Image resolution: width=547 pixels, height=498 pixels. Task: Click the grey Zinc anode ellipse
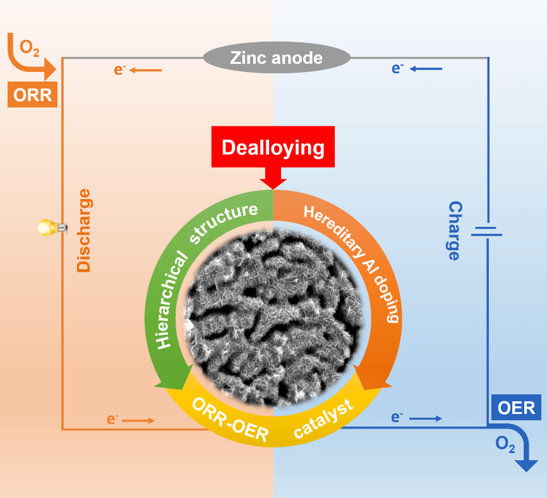[276, 58]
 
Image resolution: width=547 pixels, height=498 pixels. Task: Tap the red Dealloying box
[273, 148]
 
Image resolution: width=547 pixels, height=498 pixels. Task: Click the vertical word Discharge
[83, 230]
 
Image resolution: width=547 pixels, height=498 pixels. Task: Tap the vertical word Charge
[454, 231]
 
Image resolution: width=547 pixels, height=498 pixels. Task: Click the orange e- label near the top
[120, 70]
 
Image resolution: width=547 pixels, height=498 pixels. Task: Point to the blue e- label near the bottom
[397, 418]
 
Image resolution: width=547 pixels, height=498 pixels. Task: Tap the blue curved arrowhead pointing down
[526, 465]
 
